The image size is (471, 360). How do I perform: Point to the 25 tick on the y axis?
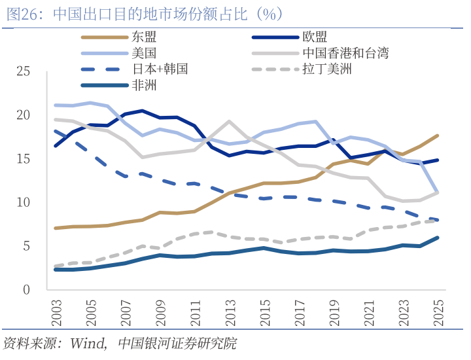tap(24, 71)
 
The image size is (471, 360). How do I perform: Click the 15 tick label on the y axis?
tap(24, 158)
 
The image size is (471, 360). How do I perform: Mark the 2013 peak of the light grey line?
tap(229, 121)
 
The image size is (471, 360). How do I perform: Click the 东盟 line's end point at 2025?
tap(438, 135)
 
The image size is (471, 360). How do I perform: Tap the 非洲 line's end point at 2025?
tap(438, 238)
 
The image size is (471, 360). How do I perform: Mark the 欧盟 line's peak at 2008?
tap(143, 111)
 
